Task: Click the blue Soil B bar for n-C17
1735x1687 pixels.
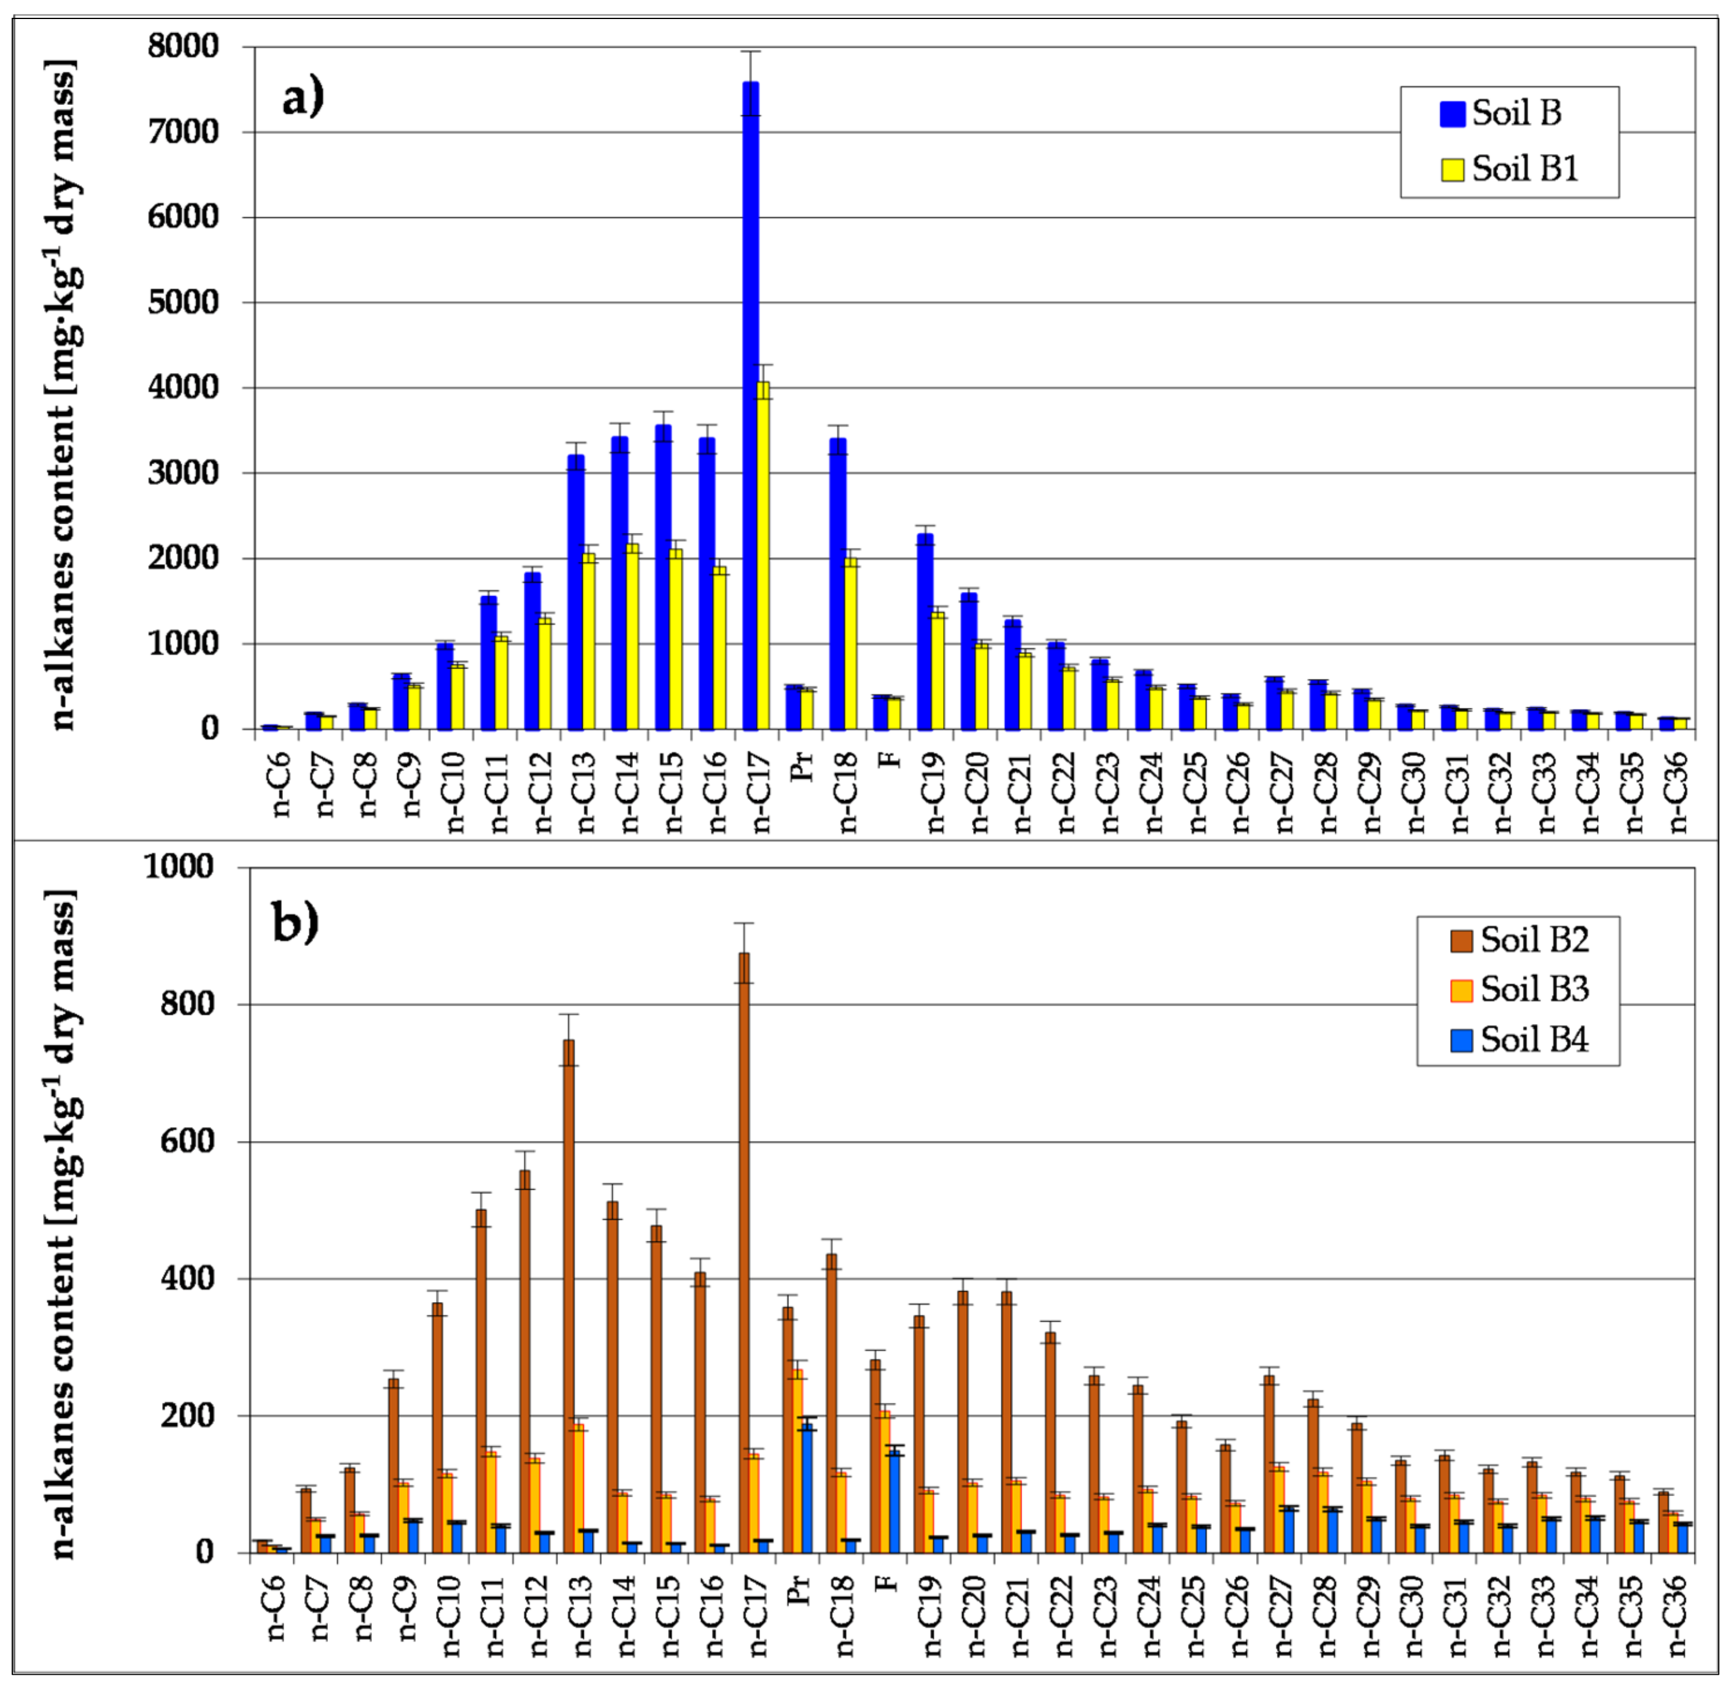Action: click(x=750, y=408)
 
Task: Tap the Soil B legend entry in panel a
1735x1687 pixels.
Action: click(x=1502, y=114)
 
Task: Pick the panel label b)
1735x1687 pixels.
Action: click(x=295, y=923)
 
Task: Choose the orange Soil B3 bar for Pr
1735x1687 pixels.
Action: click(x=798, y=1461)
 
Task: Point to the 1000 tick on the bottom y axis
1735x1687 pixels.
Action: click(x=179, y=867)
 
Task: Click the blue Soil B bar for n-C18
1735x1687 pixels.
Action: click(x=837, y=585)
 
